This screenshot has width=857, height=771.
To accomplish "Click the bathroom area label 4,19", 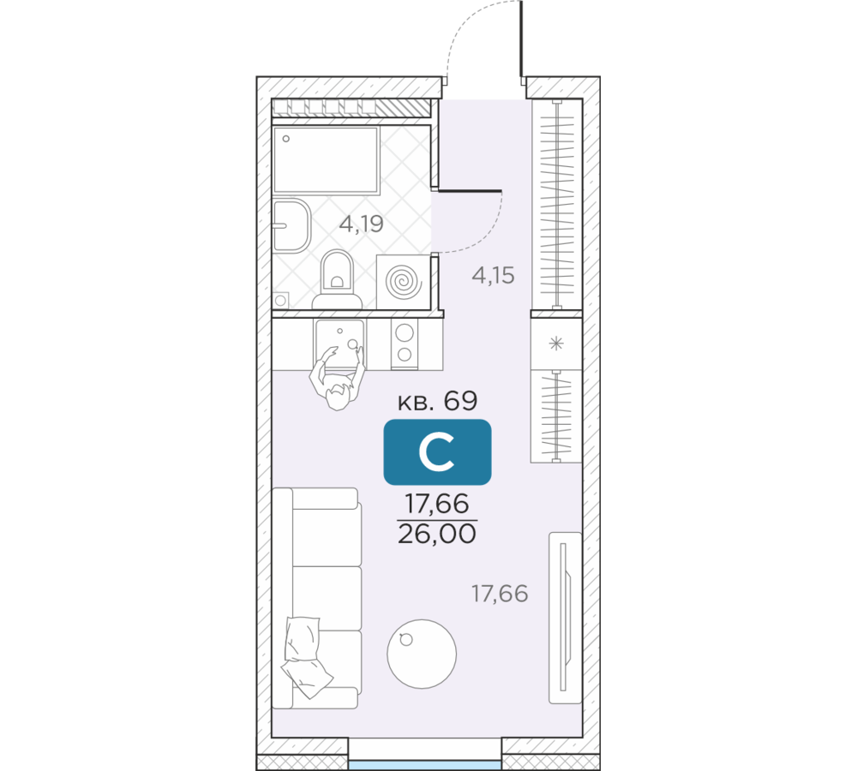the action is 361,224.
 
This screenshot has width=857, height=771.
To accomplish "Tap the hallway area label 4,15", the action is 493,275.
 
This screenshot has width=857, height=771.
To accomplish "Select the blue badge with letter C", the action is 437,451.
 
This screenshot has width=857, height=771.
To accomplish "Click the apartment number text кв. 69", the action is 437,401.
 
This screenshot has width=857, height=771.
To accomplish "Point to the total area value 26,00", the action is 437,534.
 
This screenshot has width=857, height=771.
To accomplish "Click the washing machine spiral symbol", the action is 404,282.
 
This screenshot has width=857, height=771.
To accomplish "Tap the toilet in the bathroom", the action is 337,280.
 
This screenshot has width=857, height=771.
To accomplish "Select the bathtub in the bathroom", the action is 327,161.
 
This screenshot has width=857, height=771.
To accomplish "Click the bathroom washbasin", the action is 291,225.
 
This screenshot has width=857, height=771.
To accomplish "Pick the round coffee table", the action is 422,654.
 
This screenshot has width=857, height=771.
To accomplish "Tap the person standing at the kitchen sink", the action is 337,378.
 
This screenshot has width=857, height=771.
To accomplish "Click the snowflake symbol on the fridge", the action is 556,344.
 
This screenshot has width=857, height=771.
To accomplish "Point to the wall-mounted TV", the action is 565,618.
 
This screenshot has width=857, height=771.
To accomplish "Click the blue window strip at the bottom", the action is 425,765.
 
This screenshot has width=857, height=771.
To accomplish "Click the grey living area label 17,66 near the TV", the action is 500,594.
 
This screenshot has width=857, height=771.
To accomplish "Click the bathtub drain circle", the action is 286,139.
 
